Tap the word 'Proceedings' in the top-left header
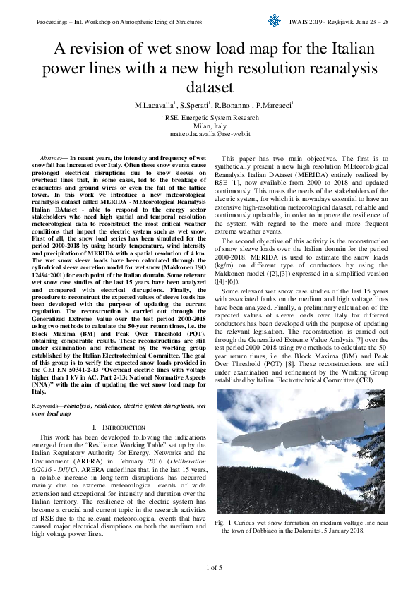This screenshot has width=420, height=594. (56, 23)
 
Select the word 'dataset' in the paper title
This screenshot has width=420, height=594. (210, 87)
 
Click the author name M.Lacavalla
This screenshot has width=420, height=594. (156, 105)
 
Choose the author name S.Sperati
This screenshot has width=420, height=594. (196, 105)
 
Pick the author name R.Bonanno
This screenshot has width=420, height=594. (232, 105)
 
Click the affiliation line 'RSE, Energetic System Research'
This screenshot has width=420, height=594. (211, 118)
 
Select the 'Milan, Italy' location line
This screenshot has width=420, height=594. (210, 126)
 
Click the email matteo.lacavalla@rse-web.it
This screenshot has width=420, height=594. (210, 133)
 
